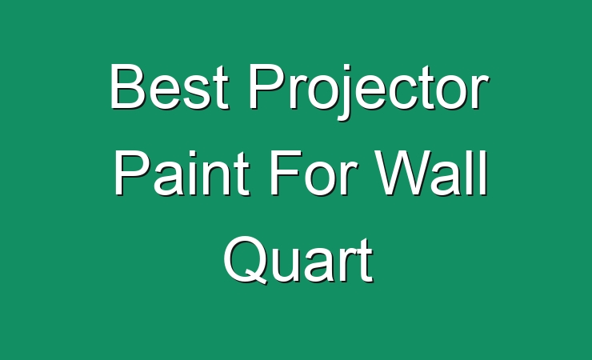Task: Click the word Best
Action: pyautogui.click(x=170, y=86)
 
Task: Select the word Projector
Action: pyautogui.click(x=368, y=92)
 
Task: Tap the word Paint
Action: pyautogui.click(x=182, y=173)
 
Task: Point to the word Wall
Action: pyautogui.click(x=430, y=173)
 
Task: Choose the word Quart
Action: pyautogui.click(x=298, y=260)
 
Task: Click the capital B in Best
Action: pyautogui.click(x=127, y=86)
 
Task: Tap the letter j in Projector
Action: pyautogui.click(x=345, y=92)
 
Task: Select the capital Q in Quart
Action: pyautogui.click(x=245, y=260)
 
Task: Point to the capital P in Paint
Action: pyautogui.click(x=132, y=173)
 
